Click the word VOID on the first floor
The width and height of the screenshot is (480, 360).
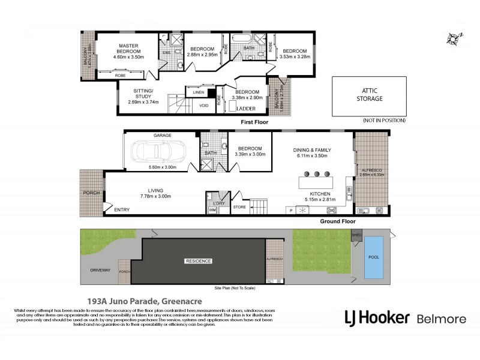pos(204,106)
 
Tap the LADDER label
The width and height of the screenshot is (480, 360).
pos(246,109)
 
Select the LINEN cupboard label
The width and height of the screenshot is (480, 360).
pos(199,92)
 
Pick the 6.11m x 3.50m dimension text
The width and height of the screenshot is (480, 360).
pos(311,155)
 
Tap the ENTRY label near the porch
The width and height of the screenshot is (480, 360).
pos(122,209)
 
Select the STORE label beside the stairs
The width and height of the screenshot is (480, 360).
pos(239,207)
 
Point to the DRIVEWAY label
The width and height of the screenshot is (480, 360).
pos(100,271)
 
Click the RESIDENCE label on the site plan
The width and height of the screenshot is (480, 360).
pos(197,262)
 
